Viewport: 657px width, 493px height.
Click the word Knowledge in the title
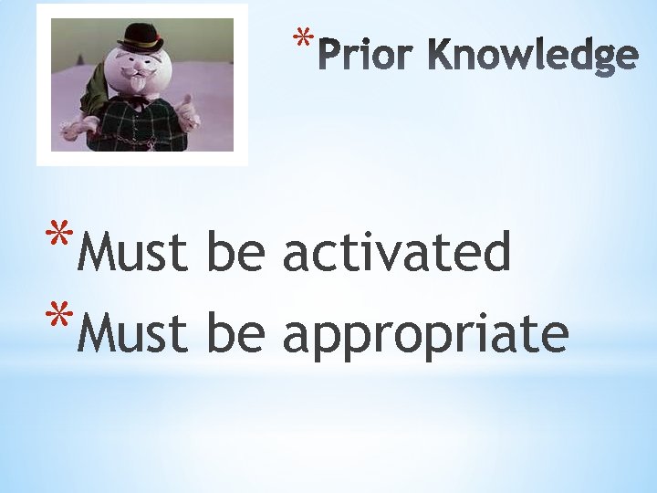pos(532,56)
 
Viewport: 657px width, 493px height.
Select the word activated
pos(395,253)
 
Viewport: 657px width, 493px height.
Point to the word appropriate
pos(425,334)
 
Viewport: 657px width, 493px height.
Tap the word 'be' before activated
pos(236,253)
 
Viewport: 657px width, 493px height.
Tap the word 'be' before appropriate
pos(236,333)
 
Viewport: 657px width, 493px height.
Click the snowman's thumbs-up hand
pos(188,115)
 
